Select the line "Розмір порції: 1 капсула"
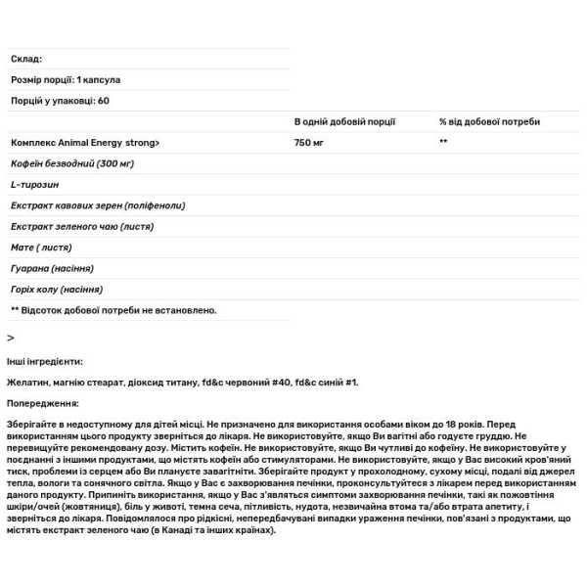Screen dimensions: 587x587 [x=66, y=79]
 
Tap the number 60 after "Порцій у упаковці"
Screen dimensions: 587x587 [x=103, y=101]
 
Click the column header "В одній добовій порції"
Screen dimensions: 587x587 [x=344, y=121]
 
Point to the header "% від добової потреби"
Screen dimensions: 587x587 [x=488, y=121]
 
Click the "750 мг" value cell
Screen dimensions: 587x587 [x=312, y=143]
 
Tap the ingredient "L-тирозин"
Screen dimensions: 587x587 [x=33, y=185]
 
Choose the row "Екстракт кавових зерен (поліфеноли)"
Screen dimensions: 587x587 [x=98, y=205]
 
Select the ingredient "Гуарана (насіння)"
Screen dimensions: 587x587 [x=52, y=268]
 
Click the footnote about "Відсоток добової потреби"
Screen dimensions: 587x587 [x=113, y=310]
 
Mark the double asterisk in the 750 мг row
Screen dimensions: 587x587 [x=443, y=143]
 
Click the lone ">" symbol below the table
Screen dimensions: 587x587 [x=11, y=337]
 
